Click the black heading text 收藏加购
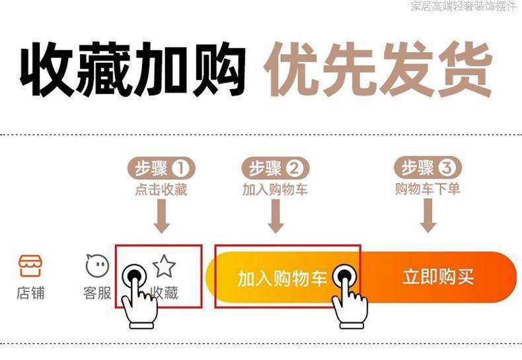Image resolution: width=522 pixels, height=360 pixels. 132,69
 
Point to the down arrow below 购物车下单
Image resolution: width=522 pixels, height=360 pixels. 428,215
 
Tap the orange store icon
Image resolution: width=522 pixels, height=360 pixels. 30,266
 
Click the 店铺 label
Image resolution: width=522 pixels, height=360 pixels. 30,293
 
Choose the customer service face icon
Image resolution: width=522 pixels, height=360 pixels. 97,266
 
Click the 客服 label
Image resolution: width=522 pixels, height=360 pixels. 97,293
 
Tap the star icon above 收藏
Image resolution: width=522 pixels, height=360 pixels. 165,266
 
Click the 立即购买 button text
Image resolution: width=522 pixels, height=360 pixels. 438,277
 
